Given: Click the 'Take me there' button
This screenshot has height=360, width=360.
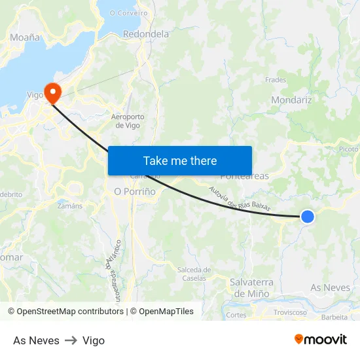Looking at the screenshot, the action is (x=180, y=160).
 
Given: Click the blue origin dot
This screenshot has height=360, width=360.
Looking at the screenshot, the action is (x=307, y=216).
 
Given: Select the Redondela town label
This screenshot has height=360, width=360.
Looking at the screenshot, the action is (x=146, y=34).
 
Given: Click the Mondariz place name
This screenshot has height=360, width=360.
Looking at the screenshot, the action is (x=291, y=100).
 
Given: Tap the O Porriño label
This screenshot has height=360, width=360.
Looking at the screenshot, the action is (x=135, y=192).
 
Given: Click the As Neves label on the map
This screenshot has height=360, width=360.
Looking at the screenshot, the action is (x=330, y=287).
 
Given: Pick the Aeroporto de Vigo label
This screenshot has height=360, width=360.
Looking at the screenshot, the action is (x=128, y=121).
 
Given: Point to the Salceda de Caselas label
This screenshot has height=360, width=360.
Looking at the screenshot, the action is (x=194, y=274).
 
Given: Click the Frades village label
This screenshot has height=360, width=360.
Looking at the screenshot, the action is (x=276, y=80).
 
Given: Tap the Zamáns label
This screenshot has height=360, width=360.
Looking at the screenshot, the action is (x=70, y=206).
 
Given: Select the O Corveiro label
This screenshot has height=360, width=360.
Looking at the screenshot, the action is (x=129, y=12).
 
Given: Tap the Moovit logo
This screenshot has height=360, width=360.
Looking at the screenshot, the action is (x=321, y=340).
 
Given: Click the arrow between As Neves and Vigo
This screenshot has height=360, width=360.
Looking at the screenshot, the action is (x=71, y=340).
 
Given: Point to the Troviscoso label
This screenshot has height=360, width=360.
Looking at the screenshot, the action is (x=290, y=312).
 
